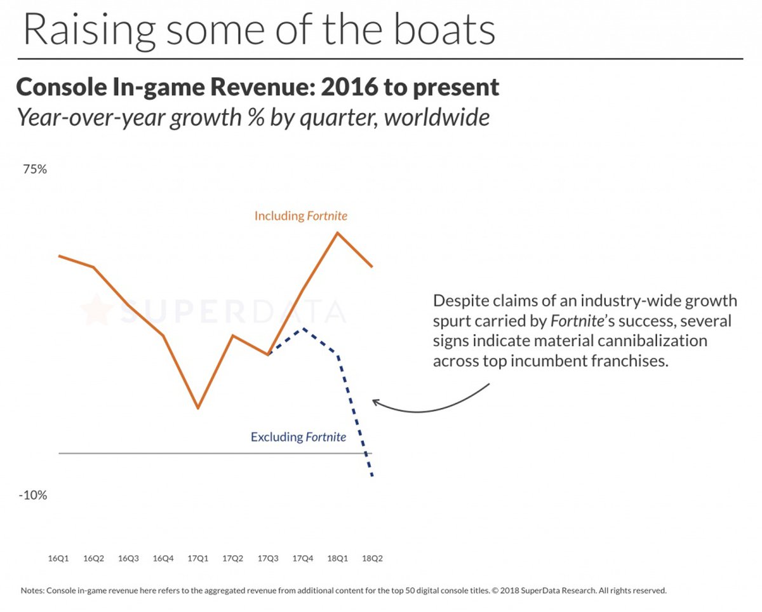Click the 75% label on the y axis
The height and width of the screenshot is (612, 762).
point(36,170)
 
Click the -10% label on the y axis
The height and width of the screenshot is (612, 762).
point(34,495)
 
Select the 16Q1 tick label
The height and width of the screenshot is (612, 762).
point(58,559)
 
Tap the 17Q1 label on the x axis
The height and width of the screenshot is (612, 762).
point(198,559)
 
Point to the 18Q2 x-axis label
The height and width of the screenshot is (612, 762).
point(372,559)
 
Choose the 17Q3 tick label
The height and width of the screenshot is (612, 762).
point(267,559)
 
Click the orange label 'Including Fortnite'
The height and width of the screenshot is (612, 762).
point(301,216)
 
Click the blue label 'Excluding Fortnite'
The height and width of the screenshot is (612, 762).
point(298,437)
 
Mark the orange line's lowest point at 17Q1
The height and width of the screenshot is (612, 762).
point(198,408)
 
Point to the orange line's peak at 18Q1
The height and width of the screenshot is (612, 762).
point(337,233)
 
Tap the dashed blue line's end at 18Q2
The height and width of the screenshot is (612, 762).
point(372,476)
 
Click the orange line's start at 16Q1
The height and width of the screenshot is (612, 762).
point(59,256)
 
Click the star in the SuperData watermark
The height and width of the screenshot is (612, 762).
point(96,309)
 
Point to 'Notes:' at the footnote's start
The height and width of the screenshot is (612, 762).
point(33,590)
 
